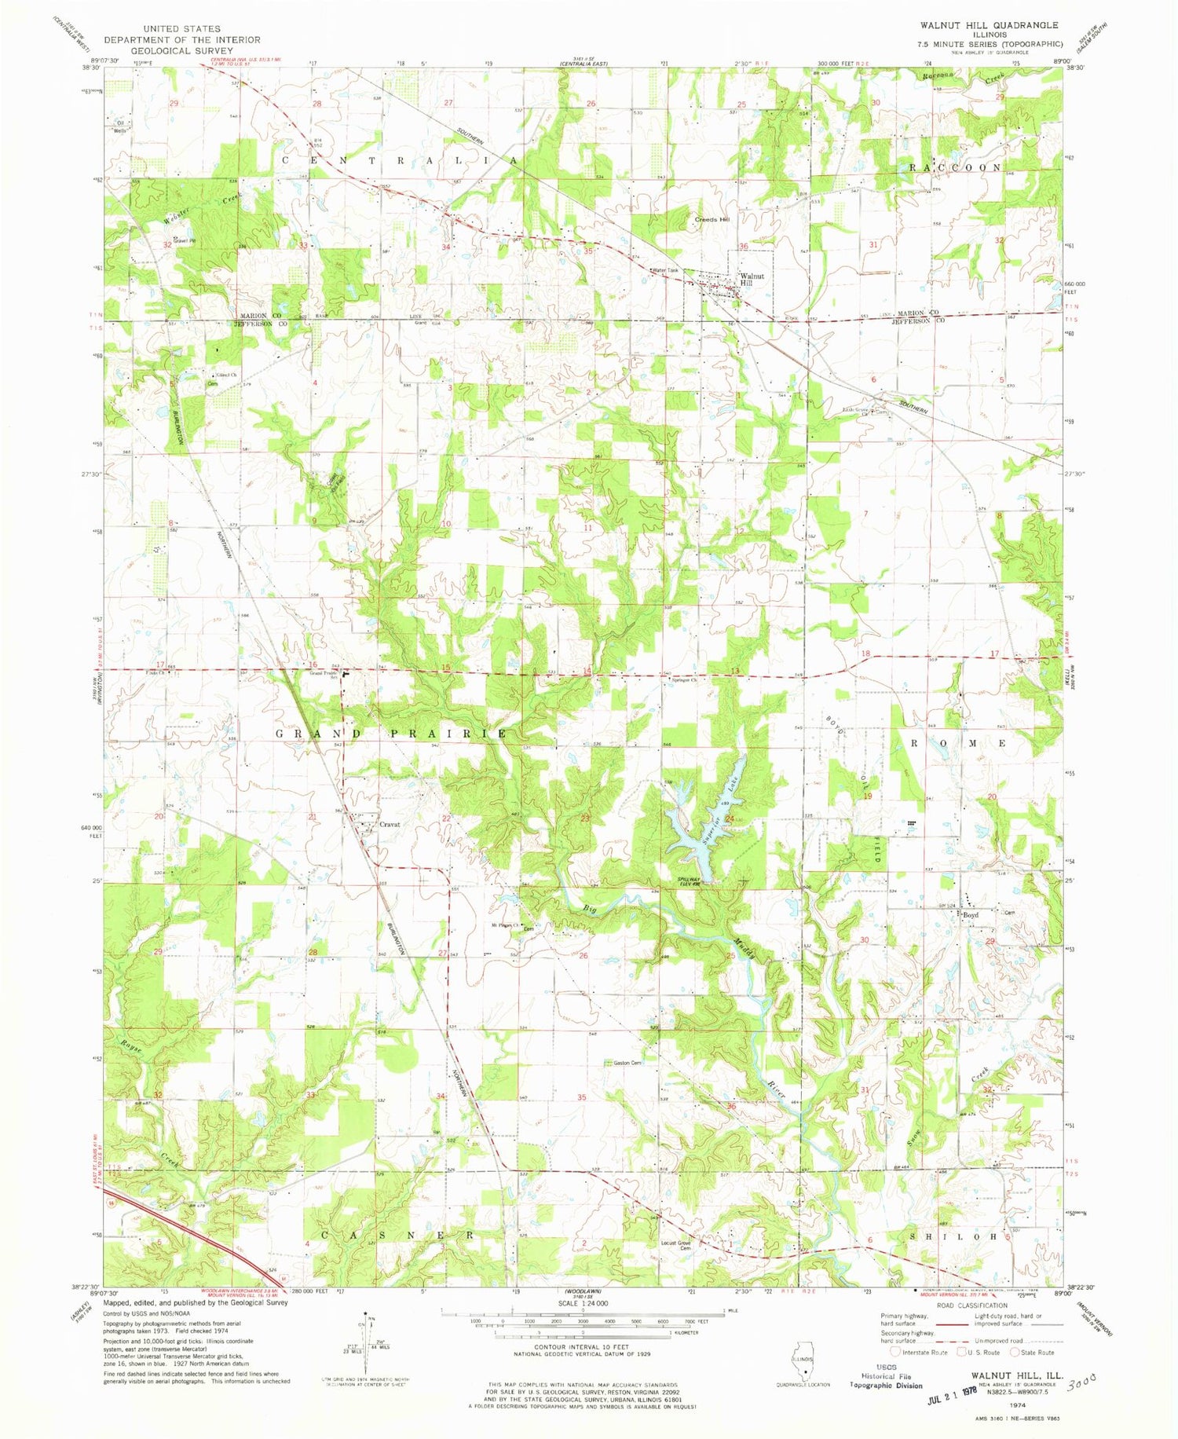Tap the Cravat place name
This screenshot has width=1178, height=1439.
point(390,824)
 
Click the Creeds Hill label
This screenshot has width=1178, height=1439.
point(712,219)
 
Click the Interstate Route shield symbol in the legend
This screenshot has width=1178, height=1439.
point(895,1353)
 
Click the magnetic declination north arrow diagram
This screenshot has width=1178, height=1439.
point(366,1344)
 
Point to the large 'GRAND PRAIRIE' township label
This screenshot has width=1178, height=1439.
point(390,733)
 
